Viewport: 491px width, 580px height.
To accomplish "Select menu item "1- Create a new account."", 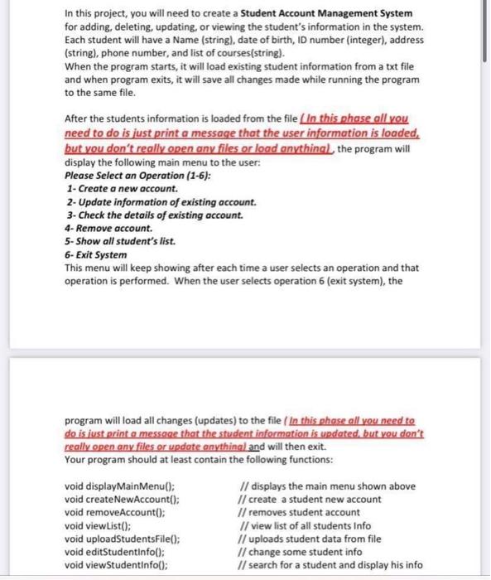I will point(121,189).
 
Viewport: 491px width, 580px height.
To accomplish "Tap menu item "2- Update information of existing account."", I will point(160,202).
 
